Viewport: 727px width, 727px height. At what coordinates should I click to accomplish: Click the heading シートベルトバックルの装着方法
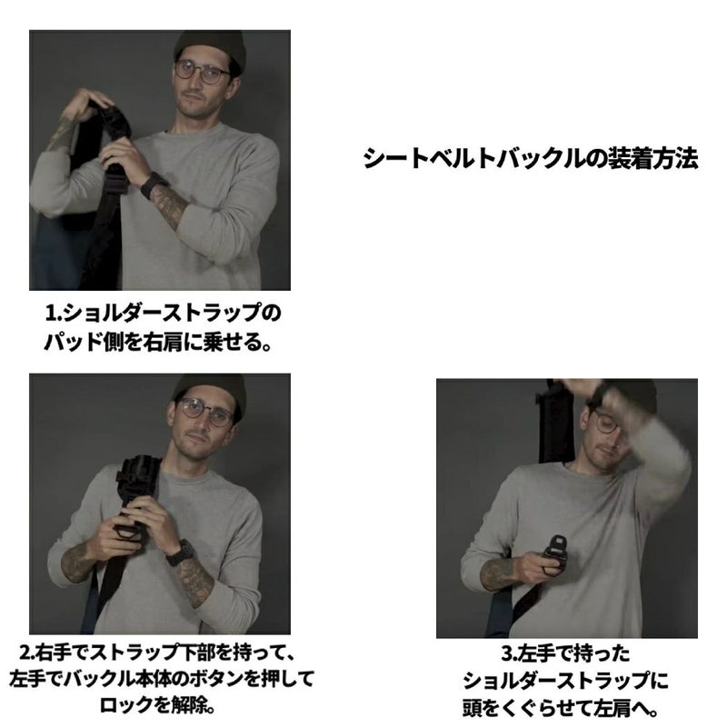click(531, 158)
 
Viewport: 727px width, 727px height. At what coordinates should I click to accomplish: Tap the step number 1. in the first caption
click(53, 314)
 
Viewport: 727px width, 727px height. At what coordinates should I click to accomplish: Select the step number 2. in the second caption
click(27, 652)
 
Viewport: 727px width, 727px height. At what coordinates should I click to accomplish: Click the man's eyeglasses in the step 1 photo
click(202, 72)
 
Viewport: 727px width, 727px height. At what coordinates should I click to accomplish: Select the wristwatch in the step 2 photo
click(179, 553)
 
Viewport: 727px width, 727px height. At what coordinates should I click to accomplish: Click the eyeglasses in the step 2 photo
click(204, 413)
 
